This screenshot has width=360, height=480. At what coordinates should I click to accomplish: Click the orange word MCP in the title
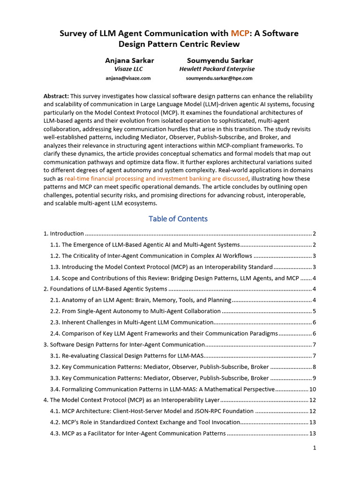[x=240, y=33]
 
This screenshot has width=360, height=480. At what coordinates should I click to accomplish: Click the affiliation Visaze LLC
[x=128, y=69]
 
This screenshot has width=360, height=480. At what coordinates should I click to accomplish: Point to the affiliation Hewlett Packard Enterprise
[x=217, y=69]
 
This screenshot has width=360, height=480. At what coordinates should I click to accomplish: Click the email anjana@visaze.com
[x=128, y=78]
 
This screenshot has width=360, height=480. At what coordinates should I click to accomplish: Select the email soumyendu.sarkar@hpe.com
[x=219, y=78]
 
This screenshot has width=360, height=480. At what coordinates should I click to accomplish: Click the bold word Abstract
[x=56, y=95]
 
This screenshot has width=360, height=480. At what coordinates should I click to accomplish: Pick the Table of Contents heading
[x=178, y=219]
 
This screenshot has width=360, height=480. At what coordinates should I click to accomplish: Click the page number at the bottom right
[x=315, y=448]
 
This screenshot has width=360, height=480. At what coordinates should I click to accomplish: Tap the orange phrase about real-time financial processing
[x=157, y=179]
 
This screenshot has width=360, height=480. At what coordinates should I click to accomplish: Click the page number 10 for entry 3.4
[x=313, y=389]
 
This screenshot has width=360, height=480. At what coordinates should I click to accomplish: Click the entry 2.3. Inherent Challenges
[x=131, y=322]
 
